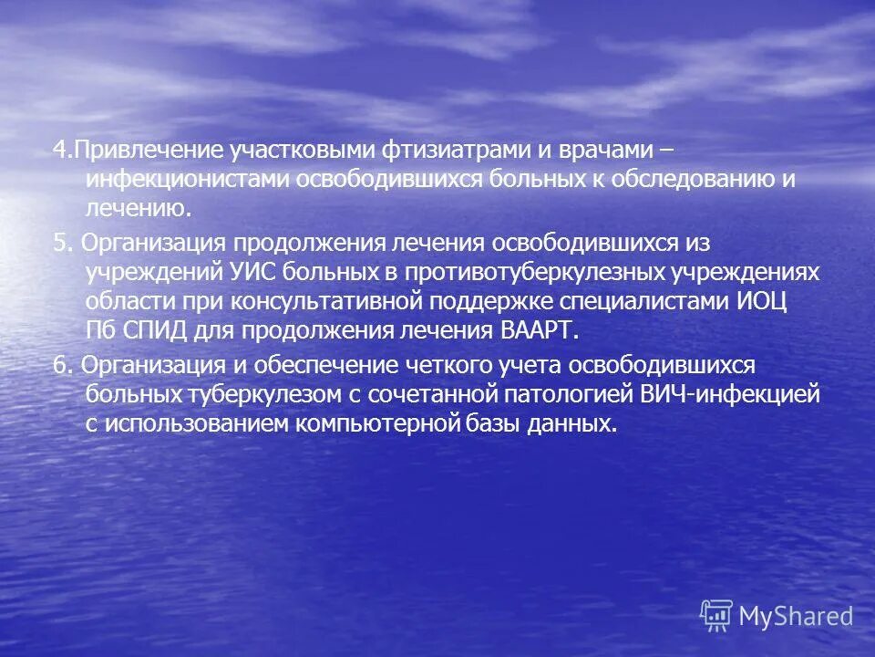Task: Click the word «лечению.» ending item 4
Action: (x=139, y=209)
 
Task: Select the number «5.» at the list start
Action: (x=62, y=242)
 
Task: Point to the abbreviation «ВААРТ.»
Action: (x=540, y=330)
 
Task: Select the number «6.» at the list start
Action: (x=62, y=364)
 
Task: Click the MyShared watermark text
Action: (x=796, y=617)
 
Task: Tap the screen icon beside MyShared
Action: (x=716, y=616)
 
